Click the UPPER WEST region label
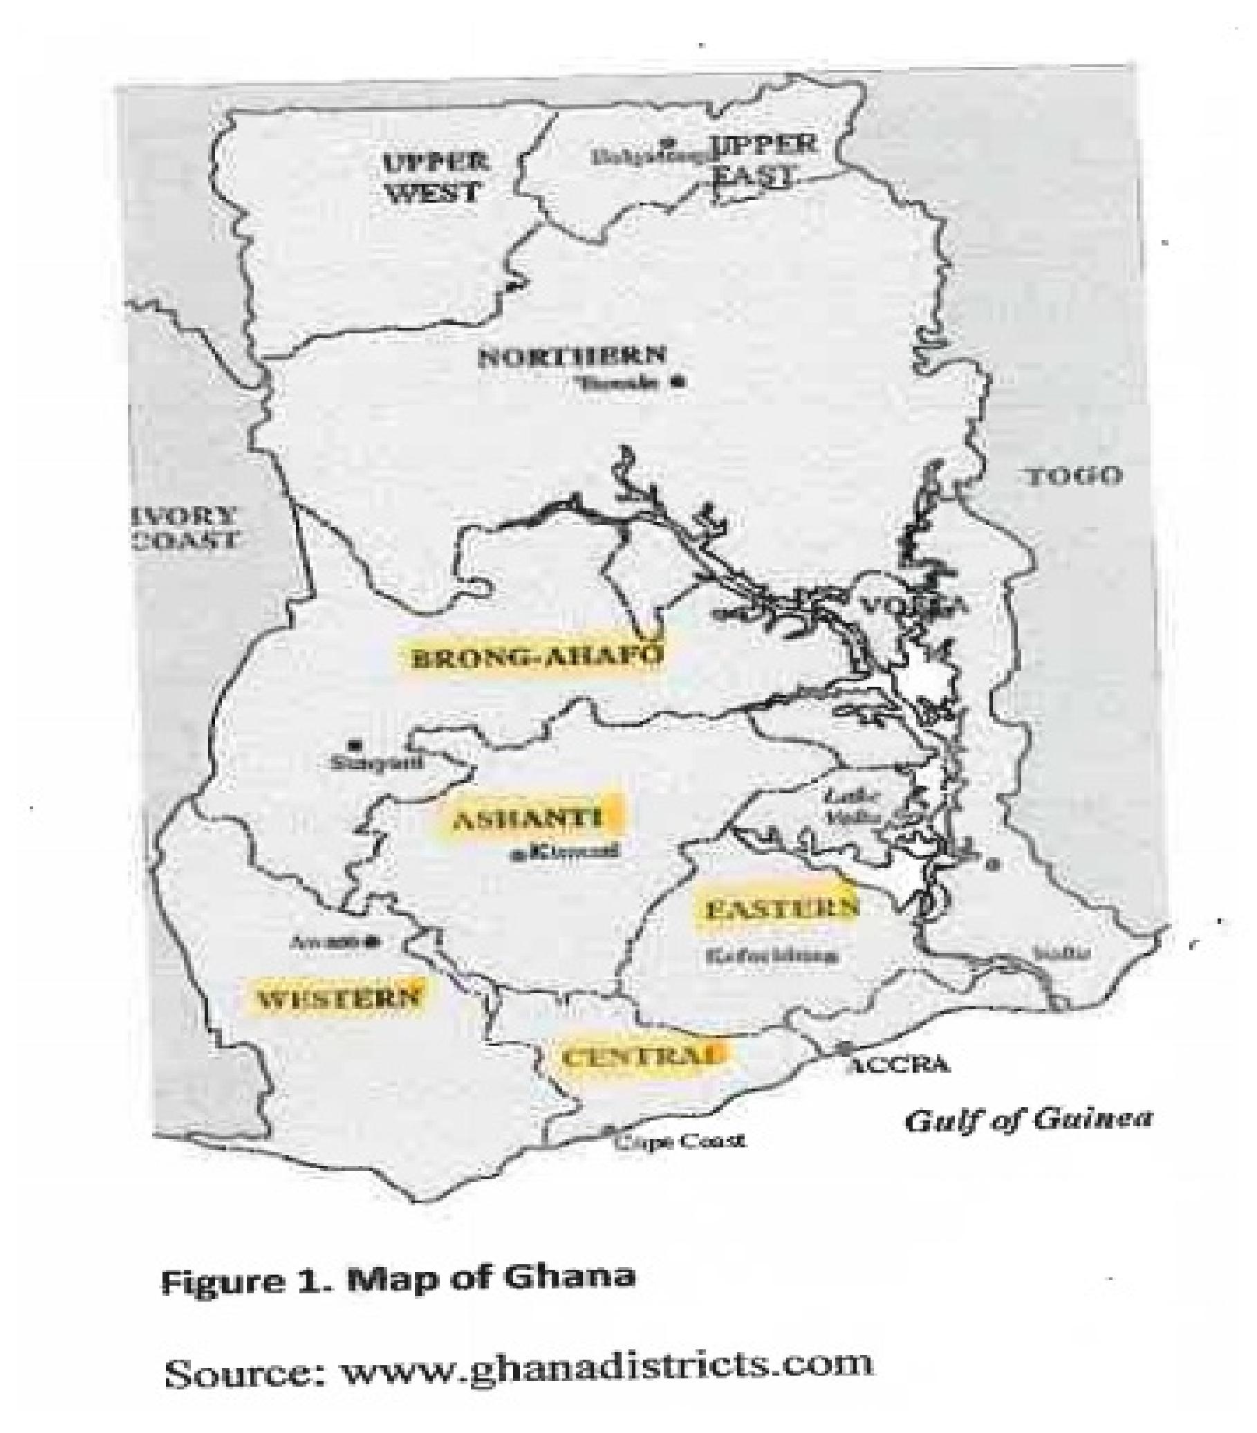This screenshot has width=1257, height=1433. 434,176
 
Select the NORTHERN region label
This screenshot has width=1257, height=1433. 571,356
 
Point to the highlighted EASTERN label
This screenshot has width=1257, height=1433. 778,909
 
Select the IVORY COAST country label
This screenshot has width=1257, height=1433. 185,527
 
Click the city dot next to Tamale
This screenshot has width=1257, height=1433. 677,382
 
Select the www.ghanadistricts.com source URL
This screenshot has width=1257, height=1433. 606,1365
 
